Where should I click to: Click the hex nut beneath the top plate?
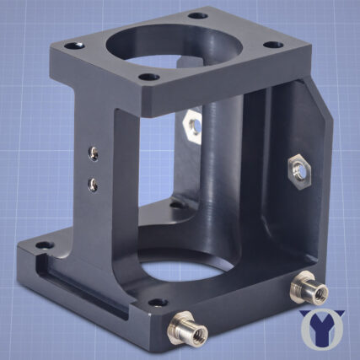[193, 125]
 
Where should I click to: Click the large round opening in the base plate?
[181, 271]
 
